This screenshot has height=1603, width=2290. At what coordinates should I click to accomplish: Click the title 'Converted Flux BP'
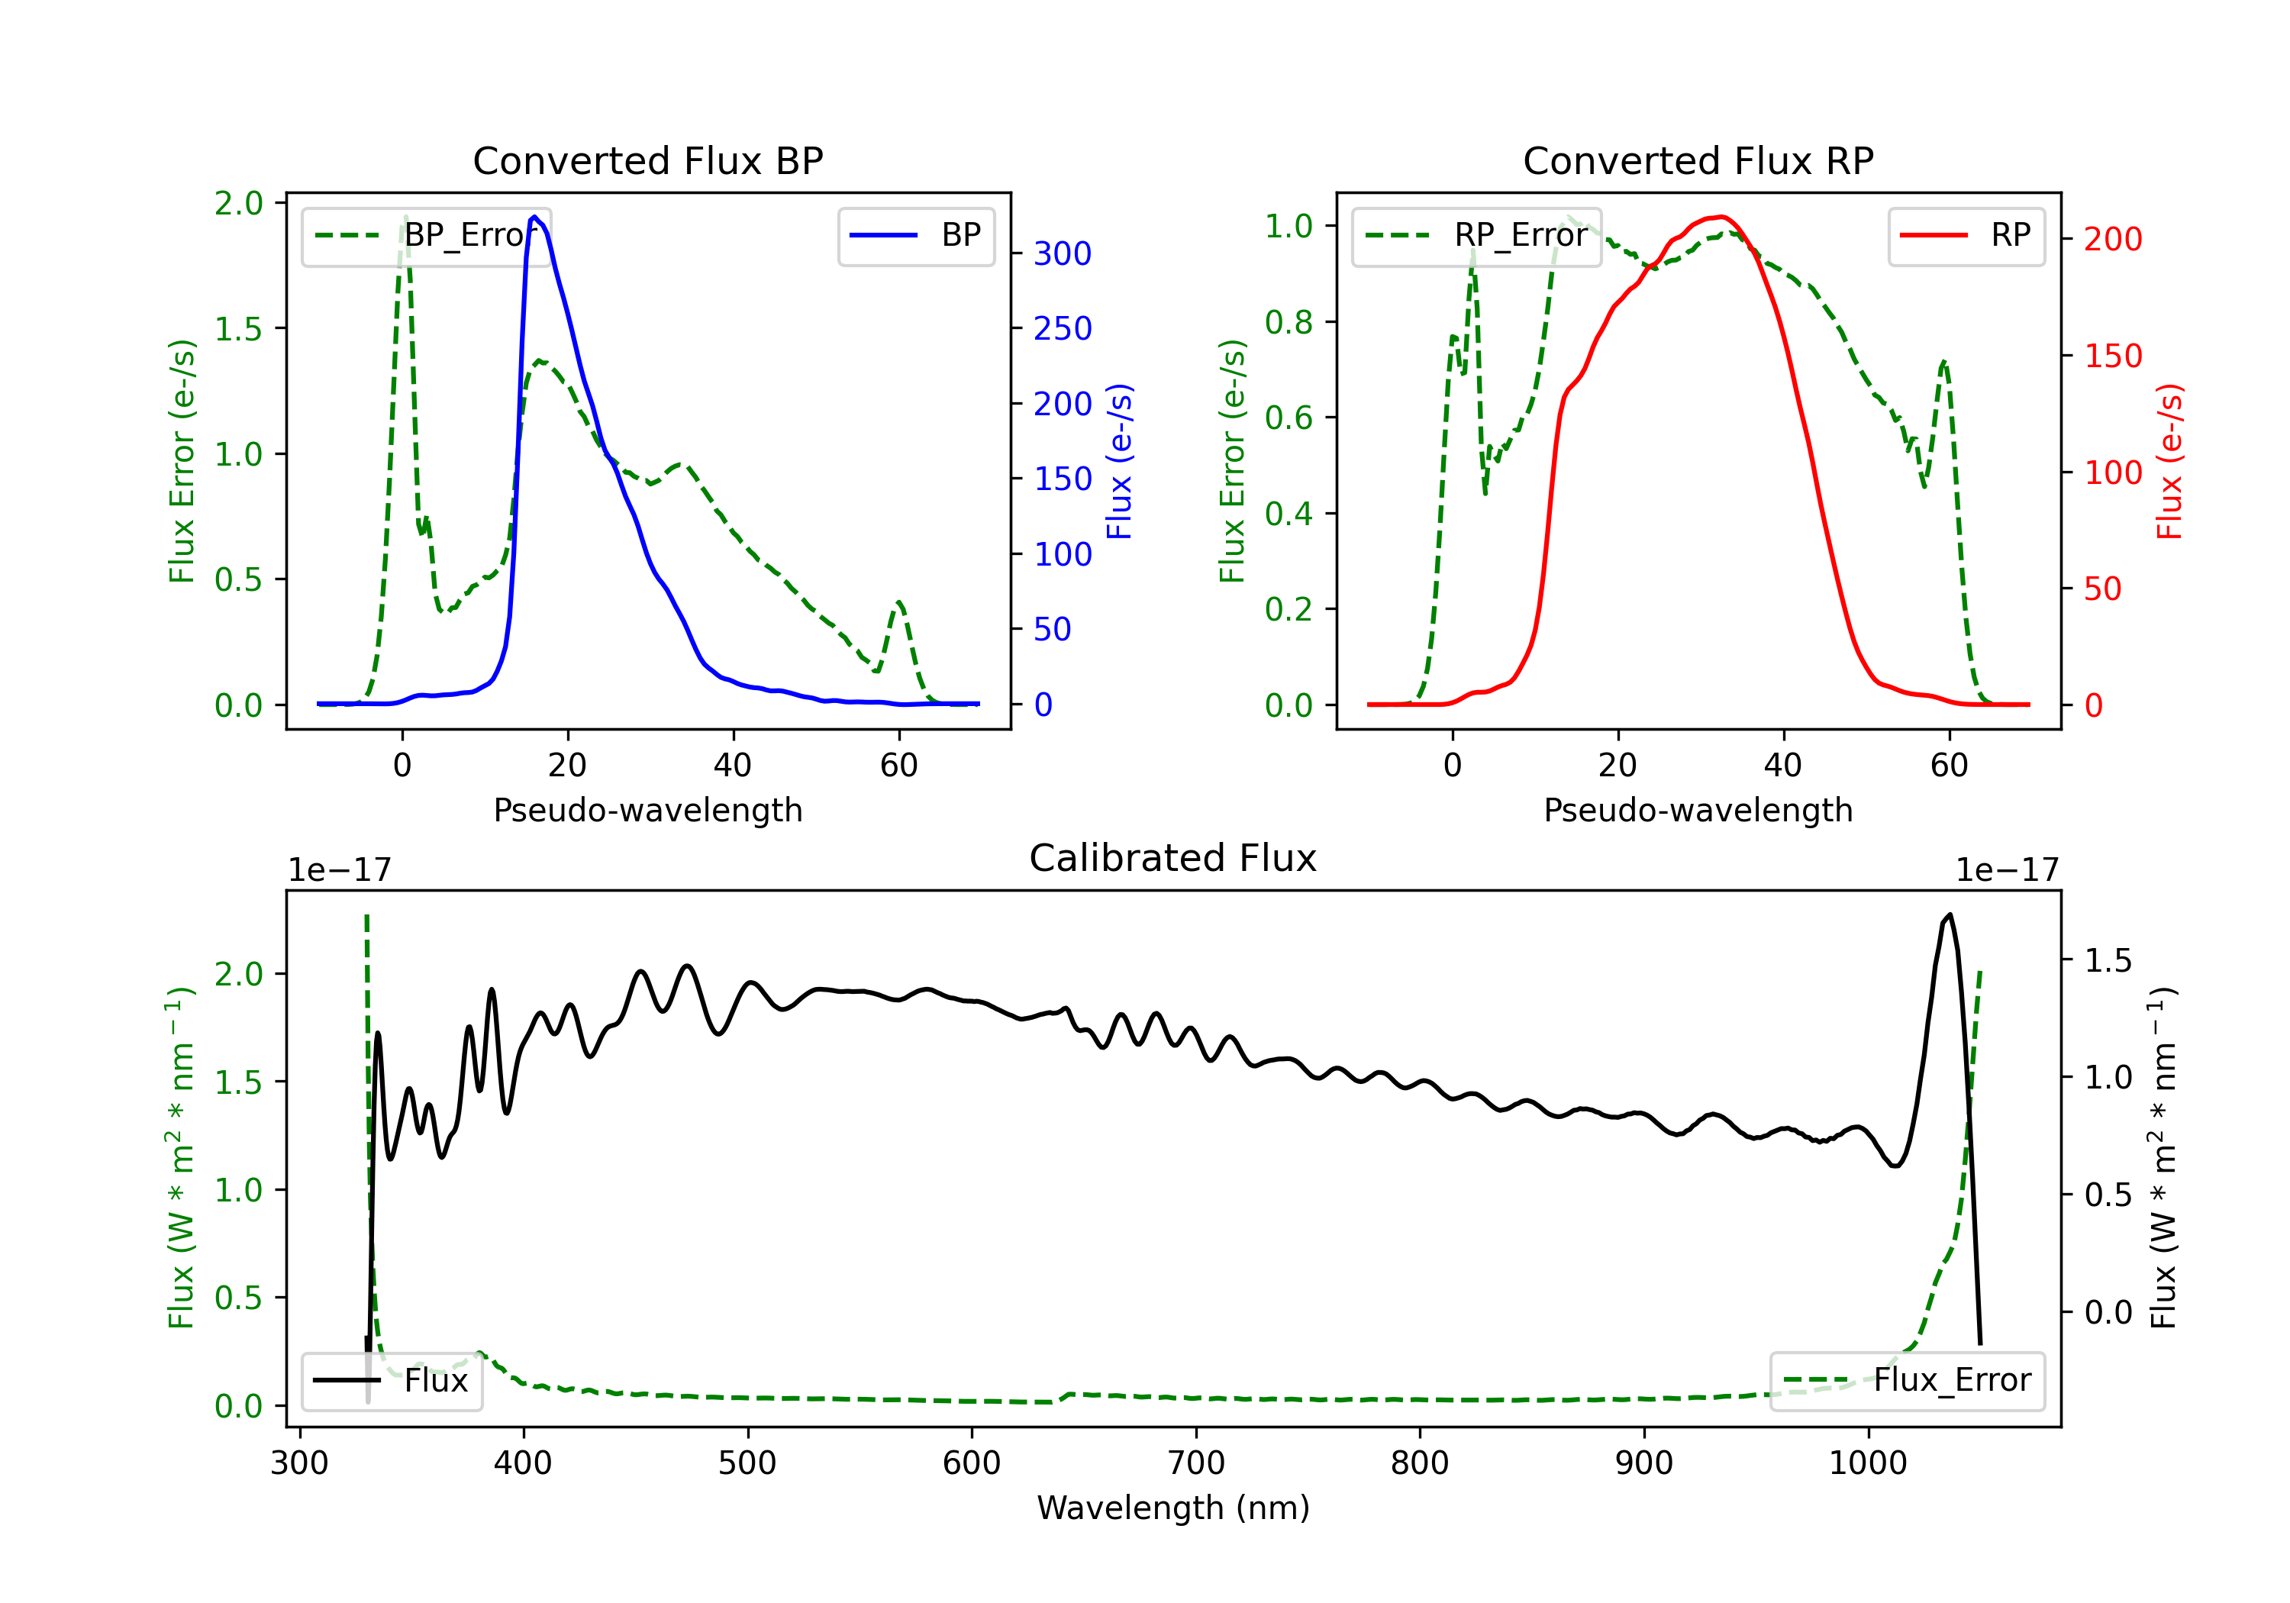pos(647,160)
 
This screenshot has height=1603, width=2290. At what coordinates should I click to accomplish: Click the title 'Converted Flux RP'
pos(1698,160)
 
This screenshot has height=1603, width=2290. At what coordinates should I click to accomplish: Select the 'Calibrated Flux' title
pos(1173,858)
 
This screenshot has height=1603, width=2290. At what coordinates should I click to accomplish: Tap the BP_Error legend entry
pos(426,235)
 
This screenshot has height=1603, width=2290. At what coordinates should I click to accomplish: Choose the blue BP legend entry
pos(915,235)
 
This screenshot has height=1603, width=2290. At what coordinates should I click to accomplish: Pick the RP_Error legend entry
pos(1476,235)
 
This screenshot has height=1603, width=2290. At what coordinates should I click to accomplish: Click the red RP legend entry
pos(1966,235)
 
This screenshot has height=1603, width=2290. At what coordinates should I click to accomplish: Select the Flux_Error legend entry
pos(1907,1381)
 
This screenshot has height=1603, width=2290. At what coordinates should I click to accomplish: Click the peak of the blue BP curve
pos(534,217)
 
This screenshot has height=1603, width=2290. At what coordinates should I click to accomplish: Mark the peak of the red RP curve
pos(1721,217)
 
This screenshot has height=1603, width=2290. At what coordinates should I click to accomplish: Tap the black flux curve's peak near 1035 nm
pos(1950,914)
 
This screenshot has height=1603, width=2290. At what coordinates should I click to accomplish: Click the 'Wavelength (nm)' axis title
pos(1173,1508)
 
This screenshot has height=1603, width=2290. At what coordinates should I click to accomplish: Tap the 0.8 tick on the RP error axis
pos(1289,322)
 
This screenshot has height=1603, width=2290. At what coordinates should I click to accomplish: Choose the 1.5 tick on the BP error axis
pos(238,329)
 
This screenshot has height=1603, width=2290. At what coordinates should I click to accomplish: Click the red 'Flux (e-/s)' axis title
pos(2169,461)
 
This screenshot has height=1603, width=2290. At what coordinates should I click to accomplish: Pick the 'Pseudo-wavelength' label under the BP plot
pos(648,810)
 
